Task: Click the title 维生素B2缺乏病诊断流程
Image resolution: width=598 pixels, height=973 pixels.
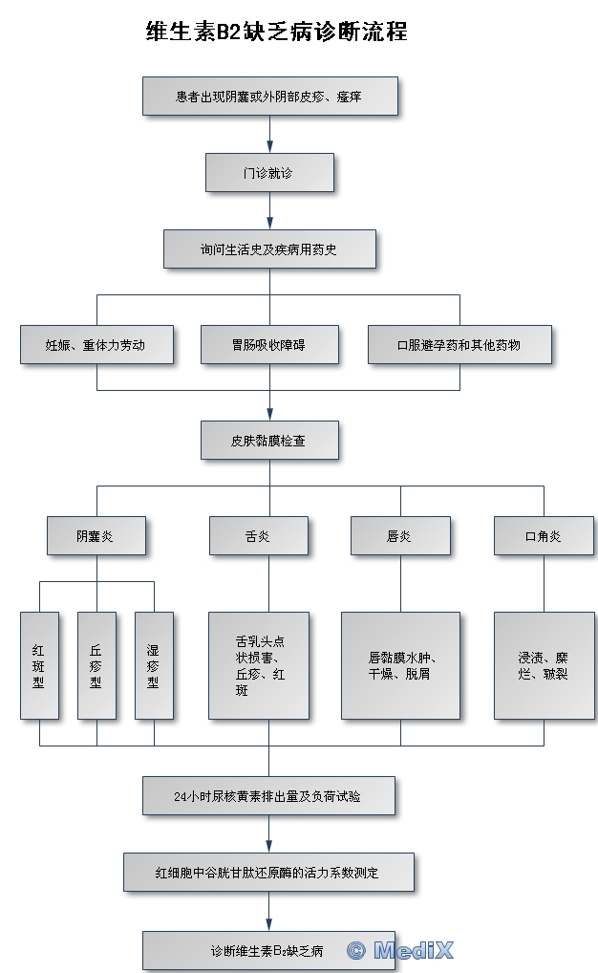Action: pyautogui.click(x=276, y=33)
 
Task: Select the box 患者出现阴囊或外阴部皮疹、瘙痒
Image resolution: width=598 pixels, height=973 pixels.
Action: pyautogui.click(x=269, y=96)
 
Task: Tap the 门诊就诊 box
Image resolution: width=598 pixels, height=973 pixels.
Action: pyautogui.click(x=269, y=173)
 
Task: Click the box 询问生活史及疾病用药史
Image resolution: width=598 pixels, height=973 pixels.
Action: pyautogui.click(x=269, y=249)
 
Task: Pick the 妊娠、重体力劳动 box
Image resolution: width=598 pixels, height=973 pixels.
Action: pyautogui.click(x=96, y=344)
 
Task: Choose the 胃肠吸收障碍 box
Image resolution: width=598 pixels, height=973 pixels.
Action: pyautogui.click(x=269, y=344)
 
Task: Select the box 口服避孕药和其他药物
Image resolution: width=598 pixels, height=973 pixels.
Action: pyautogui.click(x=459, y=344)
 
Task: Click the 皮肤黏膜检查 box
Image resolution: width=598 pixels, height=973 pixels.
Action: pyautogui.click(x=269, y=441)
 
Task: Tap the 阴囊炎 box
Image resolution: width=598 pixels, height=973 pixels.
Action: pyautogui.click(x=96, y=535)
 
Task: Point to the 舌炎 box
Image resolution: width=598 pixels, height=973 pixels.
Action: pyautogui.click(x=259, y=535)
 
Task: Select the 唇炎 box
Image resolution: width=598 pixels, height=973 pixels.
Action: pyautogui.click(x=399, y=535)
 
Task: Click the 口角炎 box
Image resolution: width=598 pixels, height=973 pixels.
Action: pyautogui.click(x=543, y=535)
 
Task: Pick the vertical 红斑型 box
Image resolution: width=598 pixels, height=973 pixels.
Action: pyautogui.click(x=39, y=665)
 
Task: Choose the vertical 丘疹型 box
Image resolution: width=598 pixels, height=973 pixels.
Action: pyautogui.click(x=96, y=665)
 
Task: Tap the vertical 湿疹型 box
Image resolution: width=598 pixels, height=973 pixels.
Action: pyautogui.click(x=154, y=665)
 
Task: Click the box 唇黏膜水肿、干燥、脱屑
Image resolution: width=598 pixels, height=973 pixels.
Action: pyautogui.click(x=400, y=665)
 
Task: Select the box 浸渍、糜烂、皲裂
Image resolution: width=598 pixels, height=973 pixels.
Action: pyautogui.click(x=543, y=665)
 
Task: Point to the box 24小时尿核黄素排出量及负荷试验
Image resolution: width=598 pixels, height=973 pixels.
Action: pyautogui.click(x=269, y=794)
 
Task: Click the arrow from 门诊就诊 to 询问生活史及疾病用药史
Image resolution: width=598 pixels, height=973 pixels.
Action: pyautogui.click(x=269, y=210)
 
